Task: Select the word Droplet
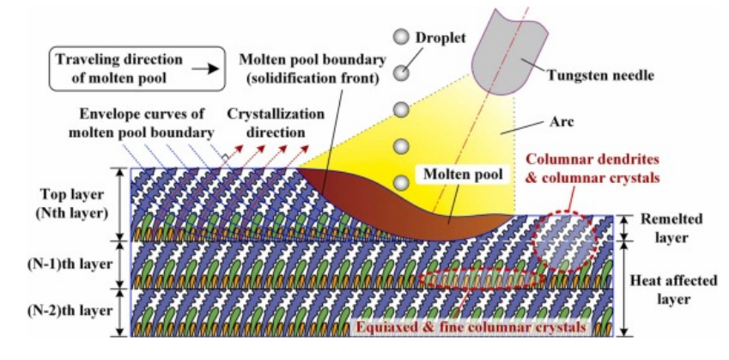[x=450, y=39]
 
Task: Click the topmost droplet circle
[x=399, y=37]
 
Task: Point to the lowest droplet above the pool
[x=399, y=183]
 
